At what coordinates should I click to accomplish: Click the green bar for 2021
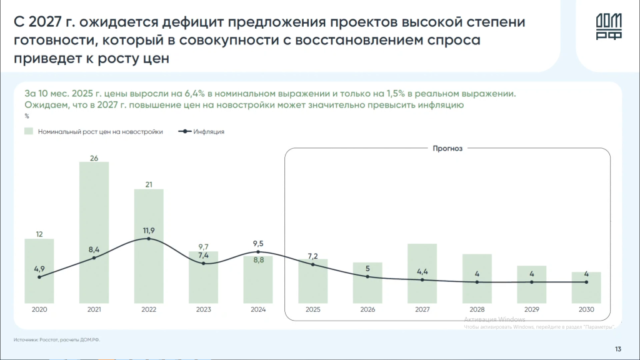pyautogui.click(x=94, y=231)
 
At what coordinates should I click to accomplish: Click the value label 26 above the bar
pyautogui.click(x=94, y=157)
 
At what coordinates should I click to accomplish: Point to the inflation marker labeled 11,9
pyautogui.click(x=149, y=238)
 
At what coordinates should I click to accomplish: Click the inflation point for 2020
pyautogui.click(x=39, y=277)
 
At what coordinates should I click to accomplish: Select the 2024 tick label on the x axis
pyautogui.click(x=258, y=309)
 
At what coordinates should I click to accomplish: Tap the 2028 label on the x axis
pyautogui.click(x=477, y=309)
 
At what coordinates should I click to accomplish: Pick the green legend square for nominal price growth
pyautogui.click(x=29, y=132)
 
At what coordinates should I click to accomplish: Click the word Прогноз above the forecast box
pyautogui.click(x=447, y=149)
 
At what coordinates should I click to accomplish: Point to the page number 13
pyautogui.click(x=617, y=349)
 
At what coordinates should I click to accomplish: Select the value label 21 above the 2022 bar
pyautogui.click(x=149, y=184)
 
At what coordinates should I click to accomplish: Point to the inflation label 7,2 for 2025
pyautogui.click(x=313, y=256)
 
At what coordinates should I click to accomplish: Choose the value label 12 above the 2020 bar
pyautogui.click(x=39, y=234)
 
